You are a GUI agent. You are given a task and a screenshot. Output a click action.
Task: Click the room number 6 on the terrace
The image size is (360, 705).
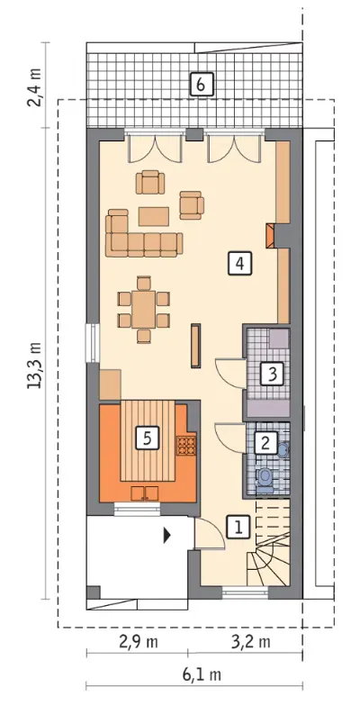click(x=201, y=84)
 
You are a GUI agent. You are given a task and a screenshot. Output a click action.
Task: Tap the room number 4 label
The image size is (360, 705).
click(x=239, y=263)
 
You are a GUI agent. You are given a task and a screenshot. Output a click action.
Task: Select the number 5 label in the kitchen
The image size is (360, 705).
click(x=147, y=438)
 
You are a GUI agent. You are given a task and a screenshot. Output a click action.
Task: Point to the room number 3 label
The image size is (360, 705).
click(x=272, y=374)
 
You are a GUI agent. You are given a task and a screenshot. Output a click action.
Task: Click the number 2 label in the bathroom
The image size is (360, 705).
click(x=265, y=443)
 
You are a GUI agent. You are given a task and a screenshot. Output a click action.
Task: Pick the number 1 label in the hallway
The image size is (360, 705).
click(x=238, y=527)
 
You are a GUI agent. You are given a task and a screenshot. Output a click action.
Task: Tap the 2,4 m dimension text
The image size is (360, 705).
click(x=35, y=86)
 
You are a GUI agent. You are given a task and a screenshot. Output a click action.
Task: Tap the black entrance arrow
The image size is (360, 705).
click(x=167, y=536)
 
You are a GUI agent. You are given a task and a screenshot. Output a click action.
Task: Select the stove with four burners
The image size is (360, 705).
click(x=185, y=446)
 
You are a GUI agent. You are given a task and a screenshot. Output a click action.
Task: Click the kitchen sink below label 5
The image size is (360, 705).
click(x=145, y=493)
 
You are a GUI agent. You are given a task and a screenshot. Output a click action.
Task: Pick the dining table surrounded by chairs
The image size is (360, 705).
click(x=143, y=310)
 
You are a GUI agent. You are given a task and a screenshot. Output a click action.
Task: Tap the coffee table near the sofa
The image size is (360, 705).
click(x=154, y=216)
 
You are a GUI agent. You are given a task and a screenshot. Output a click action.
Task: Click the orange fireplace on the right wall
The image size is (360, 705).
click(x=270, y=236)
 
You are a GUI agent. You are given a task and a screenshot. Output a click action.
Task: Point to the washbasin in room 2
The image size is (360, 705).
click(x=283, y=449)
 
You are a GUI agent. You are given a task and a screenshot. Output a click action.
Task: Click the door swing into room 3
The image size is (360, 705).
click(x=231, y=371)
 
